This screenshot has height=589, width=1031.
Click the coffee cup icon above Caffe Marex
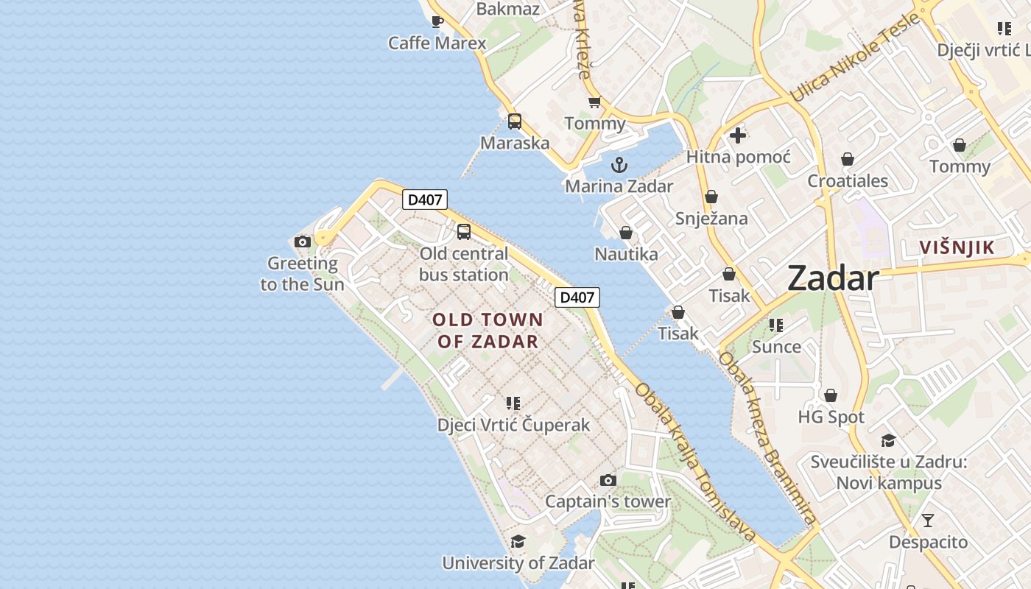437,21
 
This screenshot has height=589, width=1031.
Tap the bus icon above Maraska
515,121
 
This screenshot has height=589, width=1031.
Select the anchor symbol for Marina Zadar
619,164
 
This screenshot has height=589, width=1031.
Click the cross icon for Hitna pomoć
738,135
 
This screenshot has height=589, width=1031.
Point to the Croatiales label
848,181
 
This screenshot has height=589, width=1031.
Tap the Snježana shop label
711,219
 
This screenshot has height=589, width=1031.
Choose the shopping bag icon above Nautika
626,233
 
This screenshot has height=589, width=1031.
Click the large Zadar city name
833,278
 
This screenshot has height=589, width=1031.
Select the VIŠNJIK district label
957,247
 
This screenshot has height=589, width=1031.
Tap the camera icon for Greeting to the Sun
303,241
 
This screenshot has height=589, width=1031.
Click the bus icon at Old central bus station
464,232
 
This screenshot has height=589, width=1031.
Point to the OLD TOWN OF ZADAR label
488,331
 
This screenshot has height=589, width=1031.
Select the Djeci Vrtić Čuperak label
513,425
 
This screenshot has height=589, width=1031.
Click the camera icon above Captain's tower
608,481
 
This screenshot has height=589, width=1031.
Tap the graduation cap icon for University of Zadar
518,542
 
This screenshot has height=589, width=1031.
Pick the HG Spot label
831,417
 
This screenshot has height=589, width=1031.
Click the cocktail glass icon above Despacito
928,521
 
